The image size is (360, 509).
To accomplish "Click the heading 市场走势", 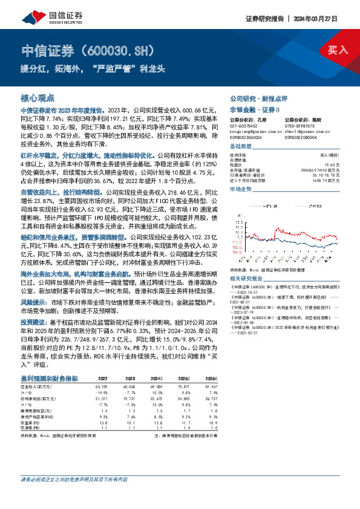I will pos(240,189).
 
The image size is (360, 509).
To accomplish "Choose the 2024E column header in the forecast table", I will pos(158,378).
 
